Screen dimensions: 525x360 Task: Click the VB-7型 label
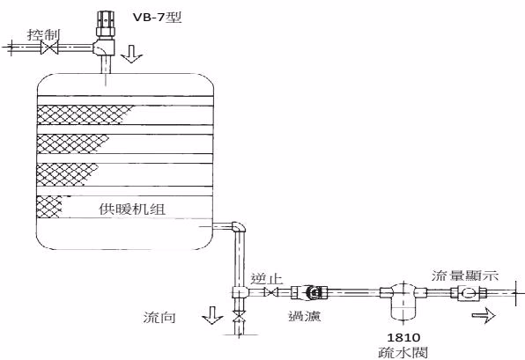pyautogui.click(x=157, y=17)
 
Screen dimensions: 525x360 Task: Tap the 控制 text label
pyautogui.click(x=43, y=35)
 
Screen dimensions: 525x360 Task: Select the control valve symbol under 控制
pyautogui.click(x=49, y=48)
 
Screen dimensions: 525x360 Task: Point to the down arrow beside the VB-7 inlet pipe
pyautogui.click(x=131, y=54)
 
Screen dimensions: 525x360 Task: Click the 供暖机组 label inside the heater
pyautogui.click(x=132, y=209)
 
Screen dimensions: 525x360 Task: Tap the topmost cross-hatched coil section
pyautogui.click(x=85, y=114)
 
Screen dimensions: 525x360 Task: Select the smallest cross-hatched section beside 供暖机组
pyautogui.click(x=49, y=207)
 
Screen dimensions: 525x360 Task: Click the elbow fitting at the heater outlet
pyautogui.click(x=239, y=227)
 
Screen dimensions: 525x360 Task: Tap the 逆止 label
pyautogui.click(x=267, y=279)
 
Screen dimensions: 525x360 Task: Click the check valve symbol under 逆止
pyautogui.click(x=270, y=292)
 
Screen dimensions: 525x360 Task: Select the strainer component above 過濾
pyautogui.click(x=309, y=292)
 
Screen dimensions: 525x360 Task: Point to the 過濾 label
pyautogui.click(x=305, y=316)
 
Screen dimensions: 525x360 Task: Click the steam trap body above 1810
pyautogui.click(x=403, y=301)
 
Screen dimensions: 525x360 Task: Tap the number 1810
pyautogui.click(x=403, y=337)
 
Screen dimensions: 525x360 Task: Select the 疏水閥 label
pyautogui.click(x=403, y=353)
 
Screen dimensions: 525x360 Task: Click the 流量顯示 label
pyautogui.click(x=465, y=276)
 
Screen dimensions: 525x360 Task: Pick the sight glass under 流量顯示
pyautogui.click(x=468, y=293)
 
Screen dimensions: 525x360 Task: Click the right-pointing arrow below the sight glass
pyautogui.click(x=484, y=315)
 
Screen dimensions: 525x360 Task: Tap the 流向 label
pyautogui.click(x=159, y=317)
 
